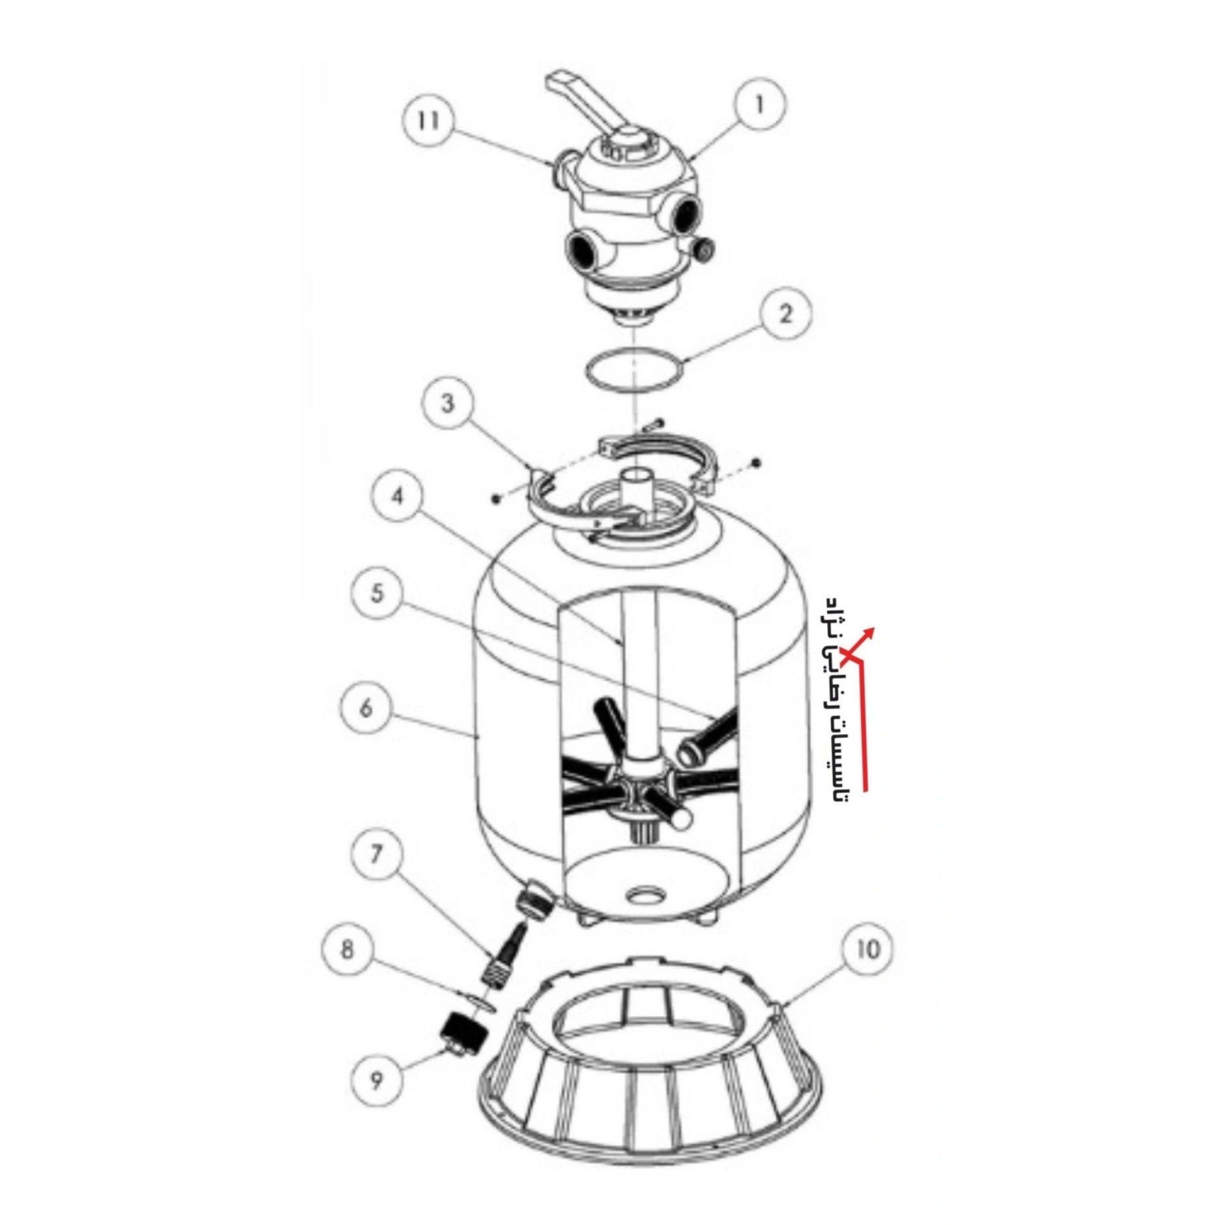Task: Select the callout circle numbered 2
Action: point(785,314)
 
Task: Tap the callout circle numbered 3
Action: point(448,403)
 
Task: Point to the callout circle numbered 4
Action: point(397,496)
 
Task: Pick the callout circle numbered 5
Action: point(377,593)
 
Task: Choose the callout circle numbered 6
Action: point(366,708)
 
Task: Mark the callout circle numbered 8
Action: point(348,950)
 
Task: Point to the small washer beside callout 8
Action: point(480,1003)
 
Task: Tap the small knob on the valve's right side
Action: point(704,249)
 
